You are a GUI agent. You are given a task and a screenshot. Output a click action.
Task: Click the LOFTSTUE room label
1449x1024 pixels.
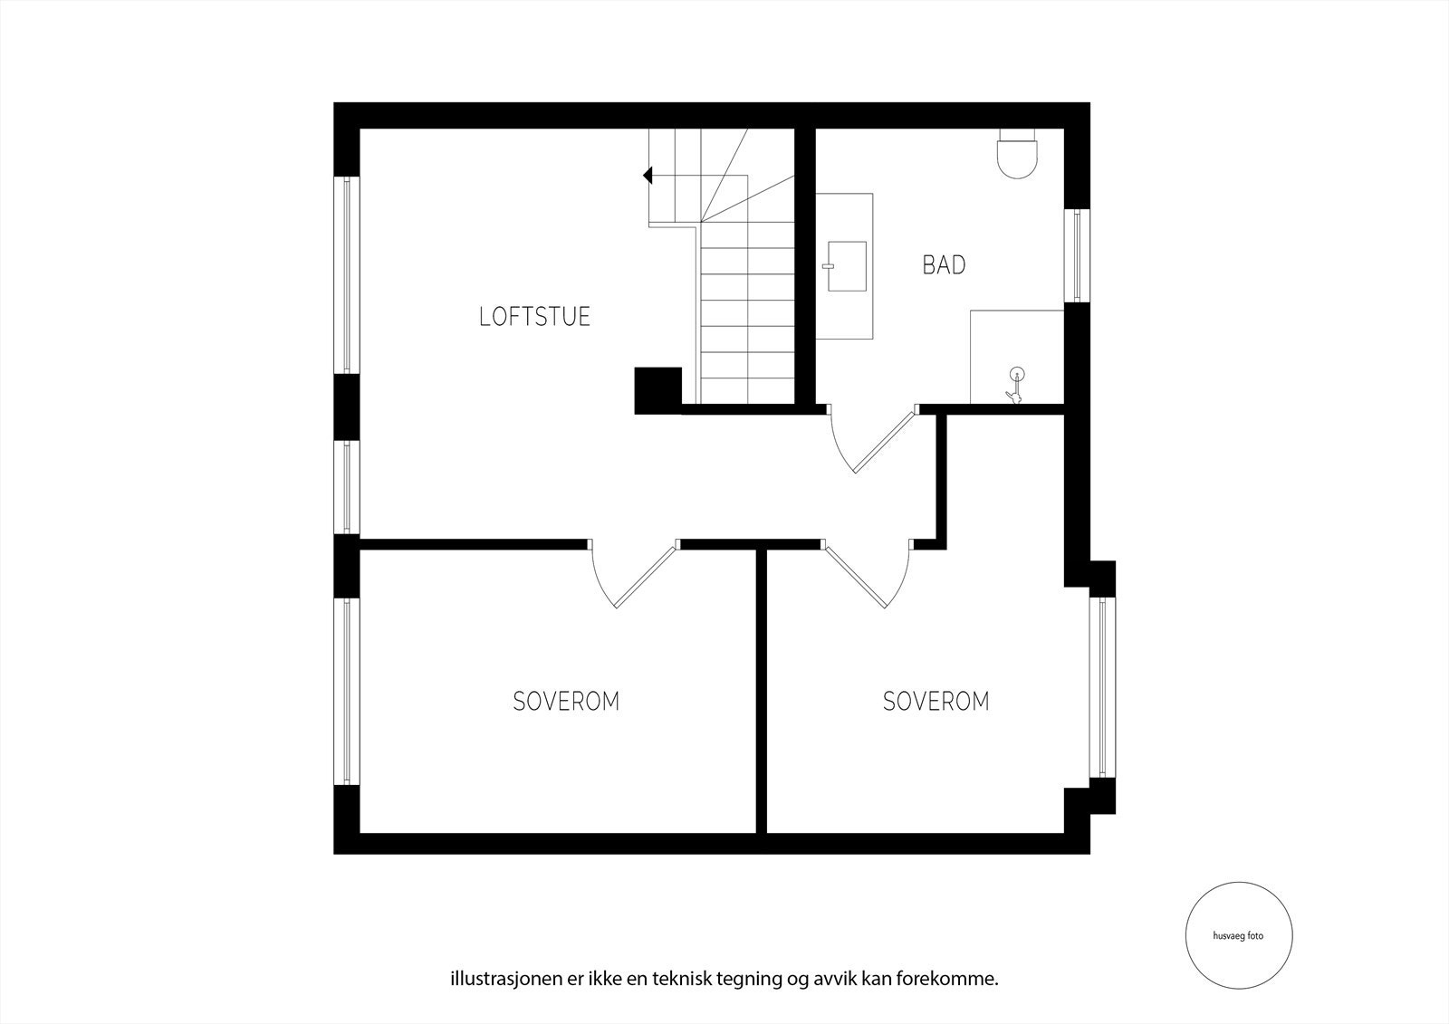point(534,316)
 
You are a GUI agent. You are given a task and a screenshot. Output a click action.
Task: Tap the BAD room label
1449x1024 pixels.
point(944,265)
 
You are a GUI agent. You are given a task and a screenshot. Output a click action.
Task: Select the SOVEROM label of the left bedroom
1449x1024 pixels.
point(566,701)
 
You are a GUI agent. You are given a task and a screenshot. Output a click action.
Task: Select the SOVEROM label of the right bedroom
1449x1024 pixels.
point(936,701)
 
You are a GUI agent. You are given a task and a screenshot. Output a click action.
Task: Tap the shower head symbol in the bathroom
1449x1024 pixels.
point(1015,385)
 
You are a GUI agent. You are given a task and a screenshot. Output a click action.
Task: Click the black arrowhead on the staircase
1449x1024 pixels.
point(648,176)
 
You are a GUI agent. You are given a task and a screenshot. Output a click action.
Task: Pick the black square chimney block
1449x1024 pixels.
point(657,390)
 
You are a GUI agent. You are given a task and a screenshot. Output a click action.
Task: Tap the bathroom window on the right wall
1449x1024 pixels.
point(1076,255)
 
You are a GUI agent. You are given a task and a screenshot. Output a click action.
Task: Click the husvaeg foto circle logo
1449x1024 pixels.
point(1238,936)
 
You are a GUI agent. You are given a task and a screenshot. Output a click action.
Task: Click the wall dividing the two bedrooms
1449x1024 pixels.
point(762,693)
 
